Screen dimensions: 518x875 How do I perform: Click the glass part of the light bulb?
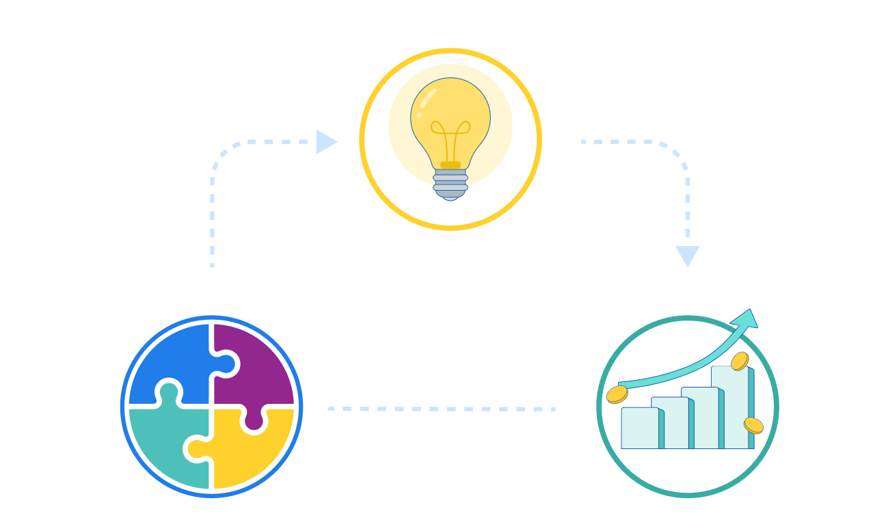450,116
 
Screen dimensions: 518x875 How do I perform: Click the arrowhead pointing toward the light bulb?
327,142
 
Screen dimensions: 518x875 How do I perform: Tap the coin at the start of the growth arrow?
617,394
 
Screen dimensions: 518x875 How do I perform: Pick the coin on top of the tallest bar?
740,361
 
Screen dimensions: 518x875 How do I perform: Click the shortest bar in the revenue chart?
641,428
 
